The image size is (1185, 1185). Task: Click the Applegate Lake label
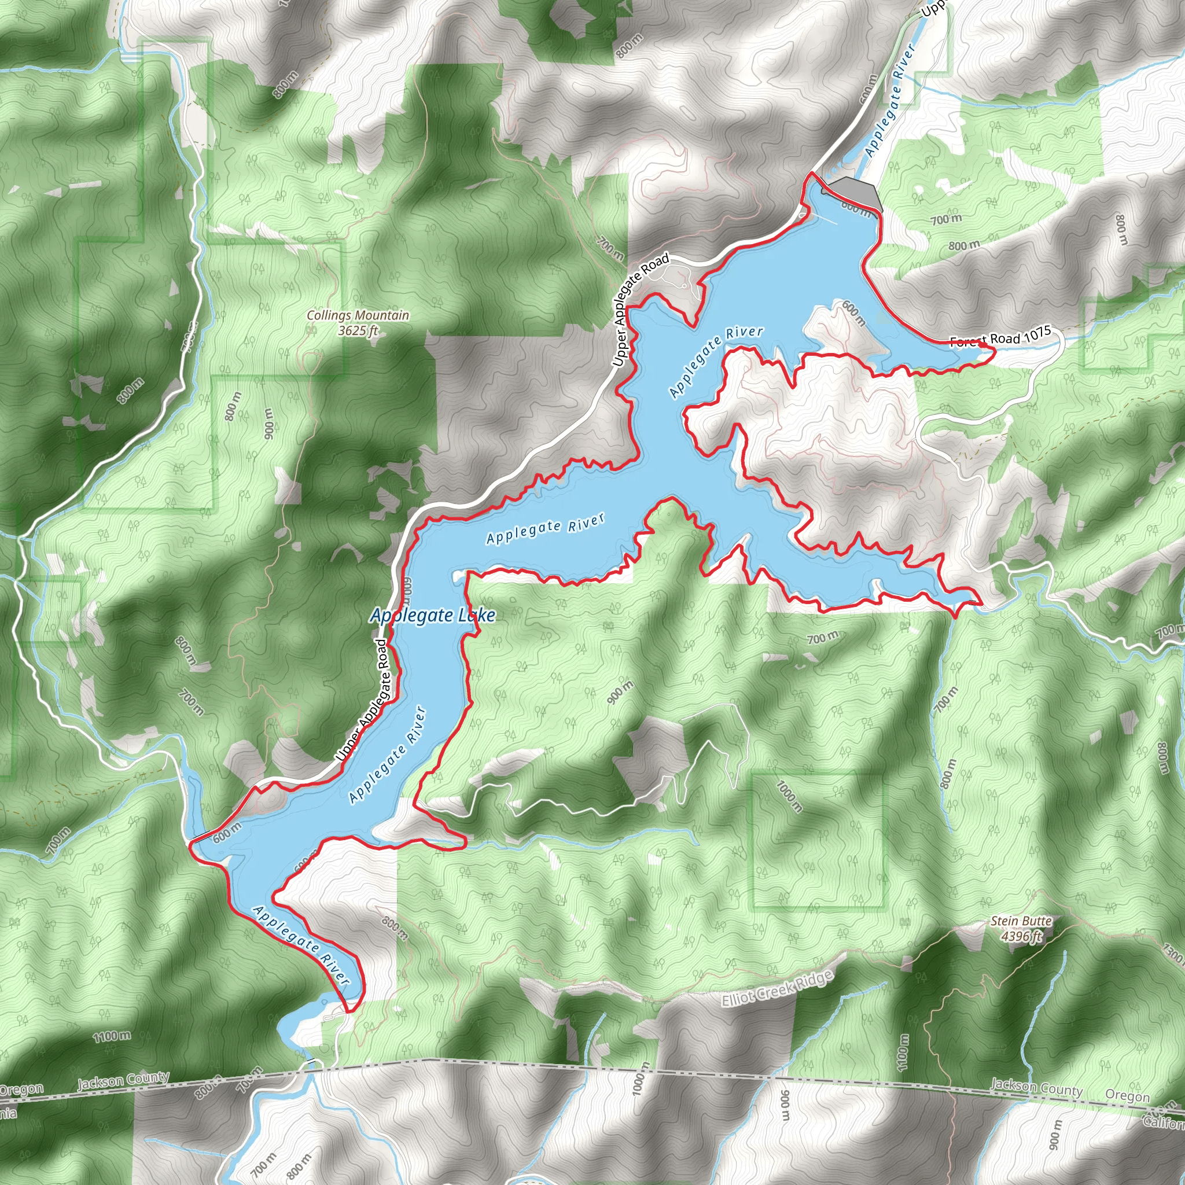point(432,615)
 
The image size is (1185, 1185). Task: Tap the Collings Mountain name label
point(358,315)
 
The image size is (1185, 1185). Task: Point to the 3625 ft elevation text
point(358,330)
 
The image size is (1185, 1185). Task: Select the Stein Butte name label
point(1021,921)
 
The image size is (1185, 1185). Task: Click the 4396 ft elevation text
point(1021,936)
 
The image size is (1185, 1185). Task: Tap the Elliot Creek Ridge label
point(777,989)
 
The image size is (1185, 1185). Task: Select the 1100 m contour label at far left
point(112,1036)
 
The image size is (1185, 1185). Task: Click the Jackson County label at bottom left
point(123,1081)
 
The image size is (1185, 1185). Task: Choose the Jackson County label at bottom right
point(1036,1087)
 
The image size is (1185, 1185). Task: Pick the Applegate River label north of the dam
point(890,101)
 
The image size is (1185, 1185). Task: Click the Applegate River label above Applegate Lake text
point(546,529)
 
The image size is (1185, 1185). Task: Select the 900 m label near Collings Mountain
point(268,423)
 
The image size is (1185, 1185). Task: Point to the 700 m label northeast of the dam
point(947,219)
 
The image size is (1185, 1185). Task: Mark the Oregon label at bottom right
point(1127,1095)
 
